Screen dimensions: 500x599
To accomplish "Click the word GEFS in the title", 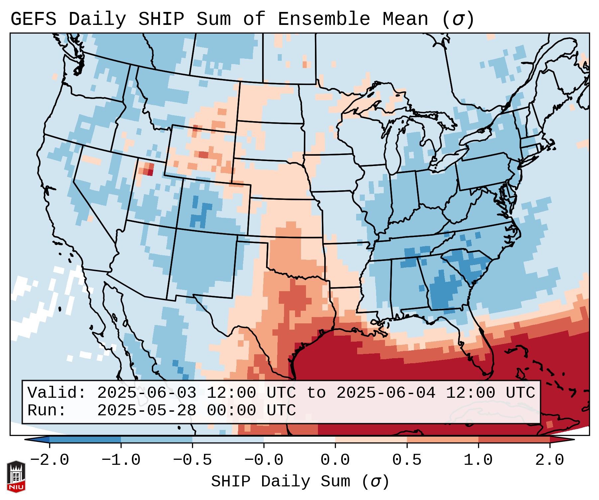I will click(x=33, y=19).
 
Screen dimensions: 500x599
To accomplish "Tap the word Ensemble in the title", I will click(x=324, y=19).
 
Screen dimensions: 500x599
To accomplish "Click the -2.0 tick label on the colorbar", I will click(x=50, y=460).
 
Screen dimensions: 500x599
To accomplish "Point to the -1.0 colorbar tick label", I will click(x=121, y=460).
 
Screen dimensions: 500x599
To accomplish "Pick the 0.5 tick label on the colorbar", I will click(x=407, y=460).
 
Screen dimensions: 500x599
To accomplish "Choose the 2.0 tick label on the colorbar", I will click(x=549, y=460).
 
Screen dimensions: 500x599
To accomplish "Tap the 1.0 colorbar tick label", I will click(x=478, y=460).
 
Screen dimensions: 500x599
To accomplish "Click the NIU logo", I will click(x=16, y=476).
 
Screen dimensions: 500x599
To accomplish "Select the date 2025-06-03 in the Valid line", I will click(x=147, y=393).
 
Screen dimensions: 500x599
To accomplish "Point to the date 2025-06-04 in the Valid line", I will click(x=386, y=393).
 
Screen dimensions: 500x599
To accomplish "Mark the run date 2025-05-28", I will click(x=147, y=411).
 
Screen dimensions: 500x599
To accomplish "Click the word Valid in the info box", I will click(x=56, y=393).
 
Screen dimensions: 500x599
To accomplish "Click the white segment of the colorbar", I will click(x=299, y=440).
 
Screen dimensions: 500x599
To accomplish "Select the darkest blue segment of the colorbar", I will click(x=85, y=440).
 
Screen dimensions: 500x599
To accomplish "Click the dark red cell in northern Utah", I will click(x=150, y=172).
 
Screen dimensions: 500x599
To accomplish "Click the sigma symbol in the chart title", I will click(x=458, y=20).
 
